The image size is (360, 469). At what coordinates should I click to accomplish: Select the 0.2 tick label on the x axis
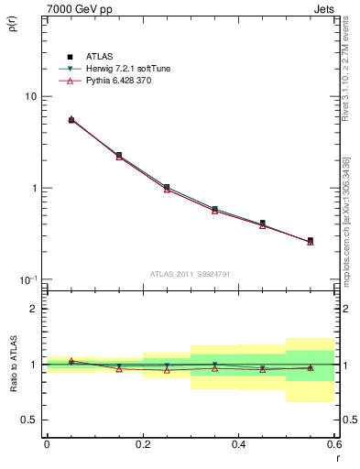click(x=142, y=444)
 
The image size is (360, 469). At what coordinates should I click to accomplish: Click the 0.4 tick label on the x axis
click(x=238, y=444)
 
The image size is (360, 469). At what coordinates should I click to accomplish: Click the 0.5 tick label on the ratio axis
click(x=28, y=420)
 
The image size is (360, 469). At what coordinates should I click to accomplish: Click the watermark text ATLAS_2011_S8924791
click(x=190, y=273)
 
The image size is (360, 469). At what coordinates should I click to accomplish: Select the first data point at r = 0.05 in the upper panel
click(x=71, y=120)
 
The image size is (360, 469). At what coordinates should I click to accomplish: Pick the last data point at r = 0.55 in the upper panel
click(x=310, y=241)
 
